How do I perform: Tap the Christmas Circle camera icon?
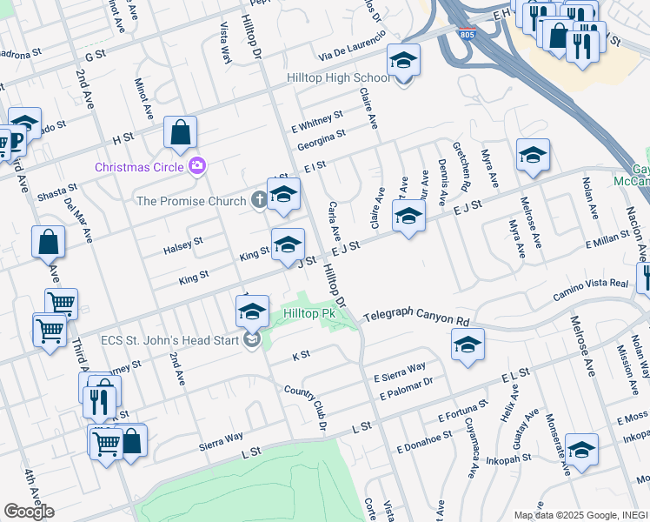198,165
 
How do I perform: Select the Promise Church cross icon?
258,201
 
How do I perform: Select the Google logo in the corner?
29,512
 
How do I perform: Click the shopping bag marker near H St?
180,133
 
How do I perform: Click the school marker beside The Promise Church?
283,196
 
